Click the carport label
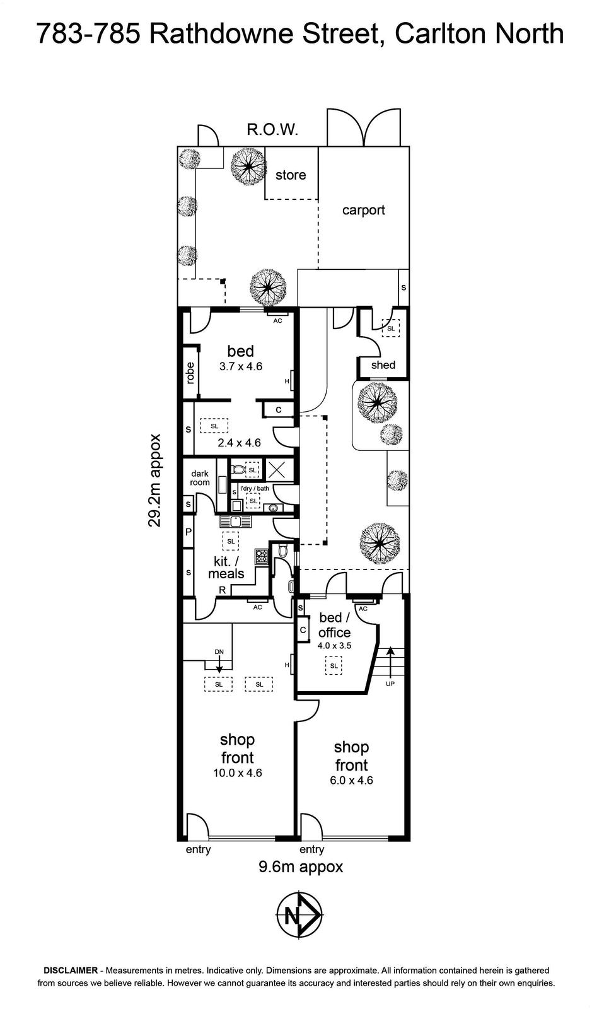point(363,211)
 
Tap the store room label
point(291,175)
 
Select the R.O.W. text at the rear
point(273,130)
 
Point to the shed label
point(383,365)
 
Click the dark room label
point(200,478)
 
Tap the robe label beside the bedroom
point(190,373)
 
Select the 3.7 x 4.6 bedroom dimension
point(241,366)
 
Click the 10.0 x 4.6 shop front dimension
point(238,773)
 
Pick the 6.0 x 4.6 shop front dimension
point(352,780)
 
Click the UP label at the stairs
point(390,684)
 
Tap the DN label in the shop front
point(219,652)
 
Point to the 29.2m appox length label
point(154,480)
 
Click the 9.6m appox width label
point(301,866)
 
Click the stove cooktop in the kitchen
point(261,557)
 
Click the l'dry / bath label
point(254,488)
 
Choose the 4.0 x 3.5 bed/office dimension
point(335,646)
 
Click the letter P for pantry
point(189,532)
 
